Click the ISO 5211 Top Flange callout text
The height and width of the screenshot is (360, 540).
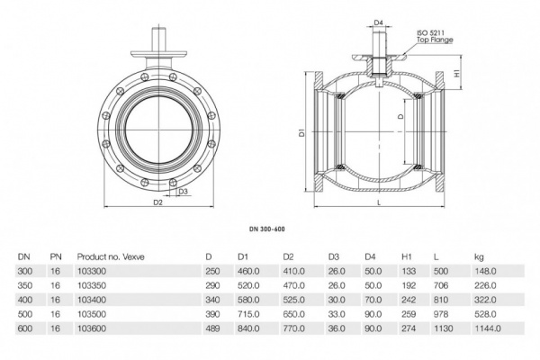[435, 36]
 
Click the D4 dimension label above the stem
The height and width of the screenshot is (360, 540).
[378, 22]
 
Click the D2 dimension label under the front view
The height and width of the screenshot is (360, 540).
[157, 203]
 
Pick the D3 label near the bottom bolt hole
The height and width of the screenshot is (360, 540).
[182, 192]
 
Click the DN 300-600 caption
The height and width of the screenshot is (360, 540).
[269, 229]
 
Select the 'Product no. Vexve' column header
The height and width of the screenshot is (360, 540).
[110, 256]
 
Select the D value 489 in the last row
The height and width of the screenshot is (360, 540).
[212, 330]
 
